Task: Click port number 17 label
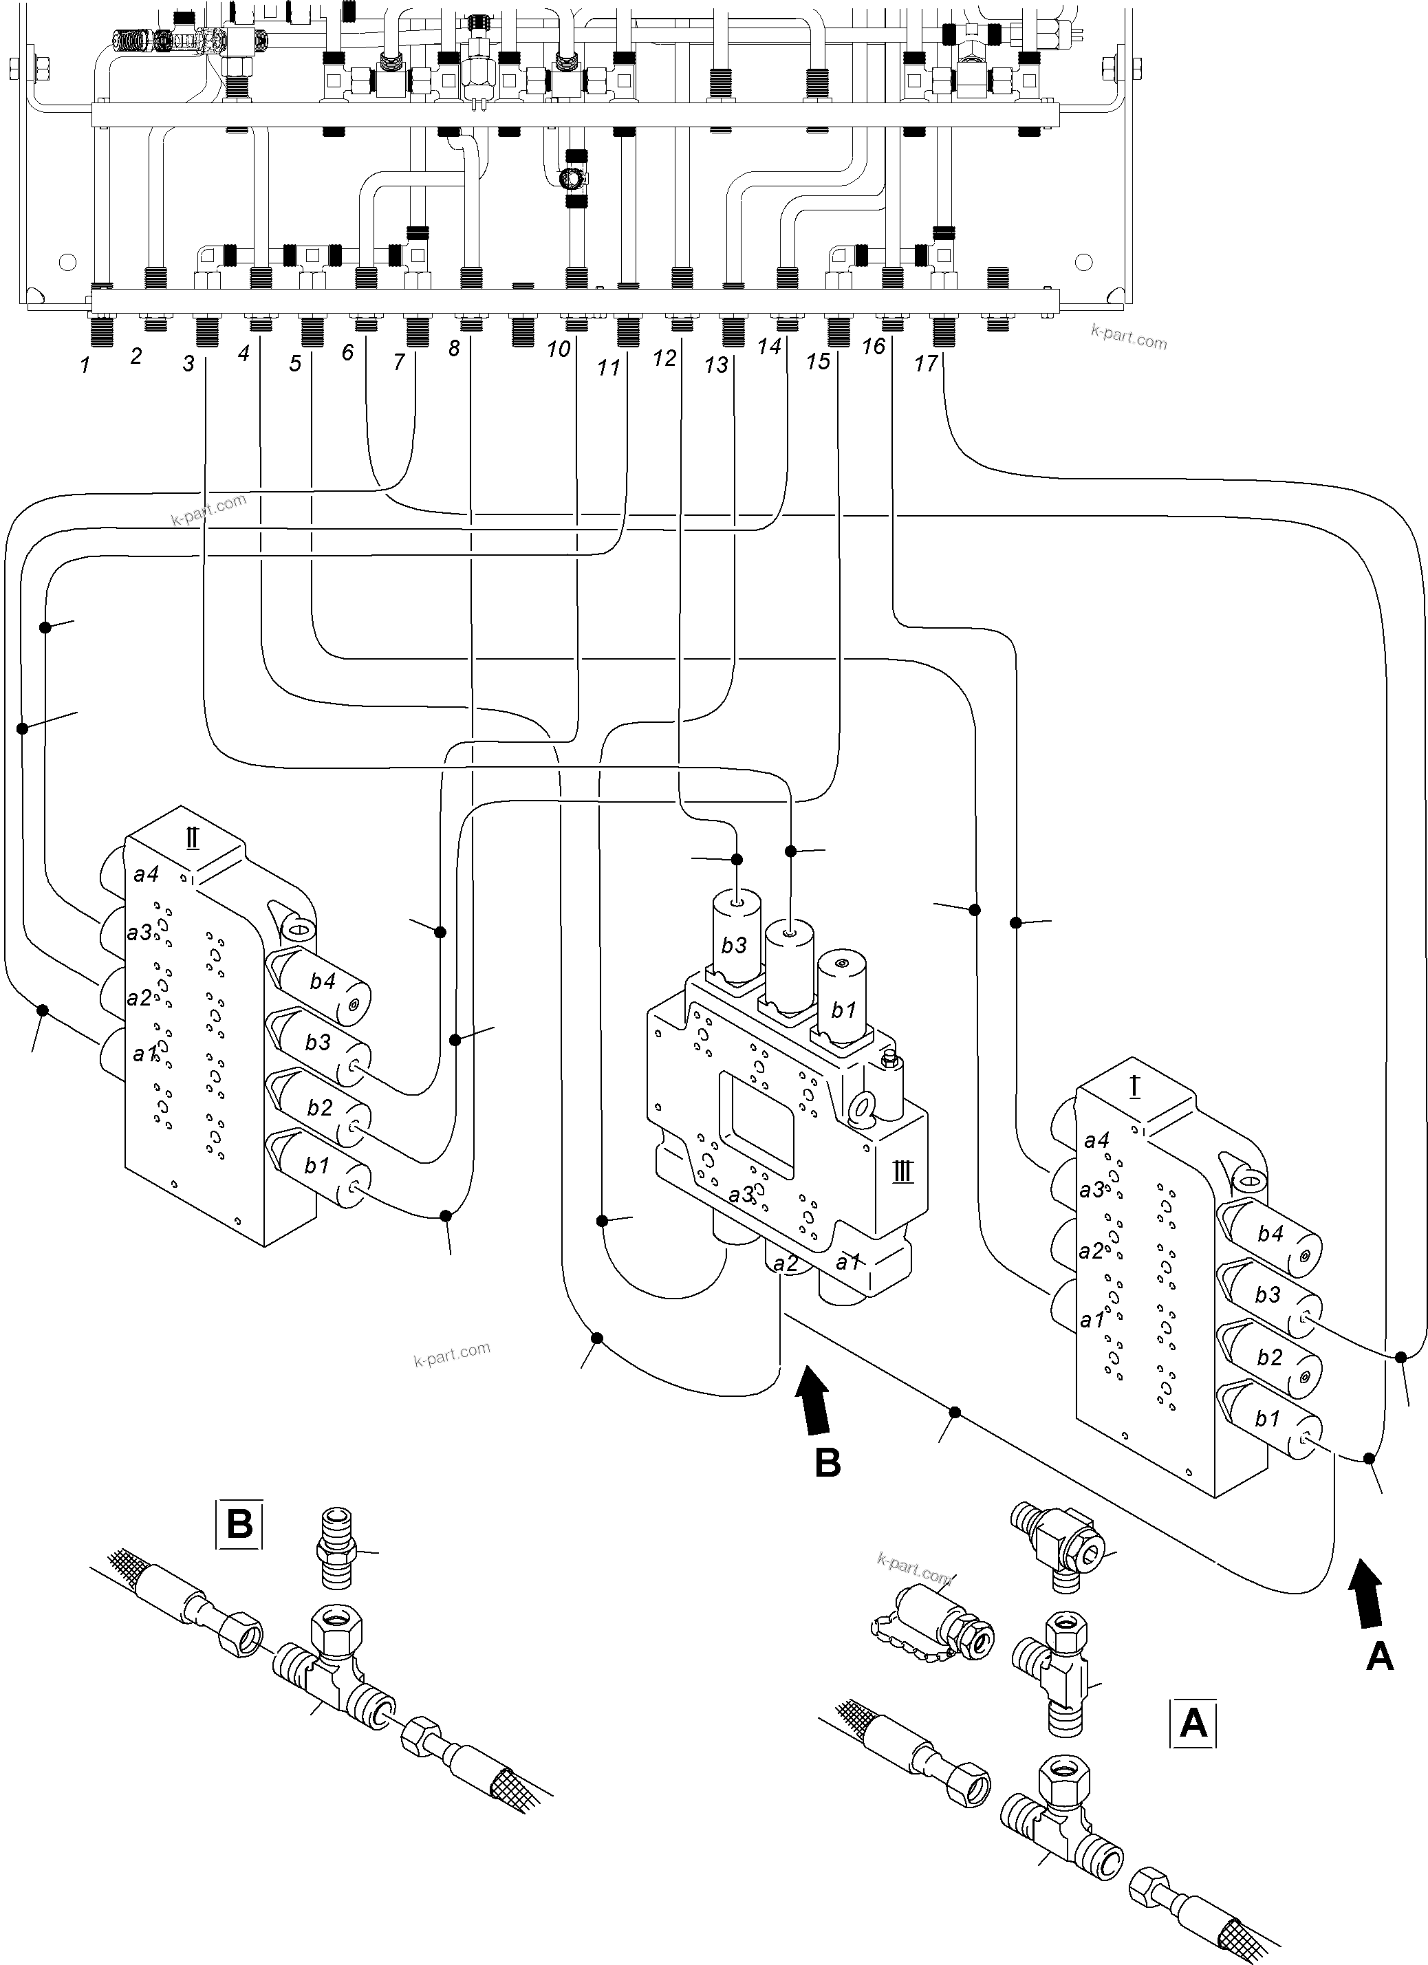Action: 925,363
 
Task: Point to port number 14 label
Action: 768,347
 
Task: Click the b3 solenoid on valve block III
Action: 735,940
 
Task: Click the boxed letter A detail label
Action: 1193,1724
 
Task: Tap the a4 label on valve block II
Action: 146,874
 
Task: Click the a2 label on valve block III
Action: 785,1264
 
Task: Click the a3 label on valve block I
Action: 1092,1191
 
